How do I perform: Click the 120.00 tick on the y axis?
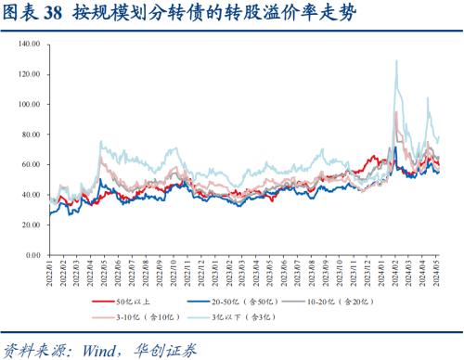(26, 74)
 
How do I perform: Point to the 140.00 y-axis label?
(26, 44)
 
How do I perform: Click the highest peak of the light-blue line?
(396, 61)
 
